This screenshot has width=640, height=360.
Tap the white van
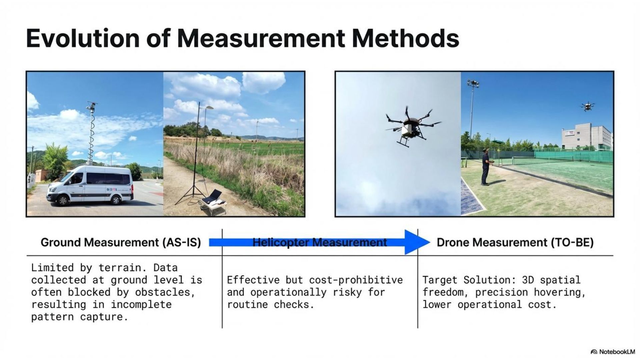pos(90,185)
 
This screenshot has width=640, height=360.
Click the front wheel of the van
pos(62,199)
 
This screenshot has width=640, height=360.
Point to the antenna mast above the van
pos(91,133)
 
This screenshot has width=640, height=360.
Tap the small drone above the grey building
pos(587,106)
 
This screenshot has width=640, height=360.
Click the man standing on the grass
pos(486,166)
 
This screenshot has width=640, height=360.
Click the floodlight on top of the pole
pos(473,83)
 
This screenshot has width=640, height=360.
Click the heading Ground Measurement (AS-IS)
pos(121,242)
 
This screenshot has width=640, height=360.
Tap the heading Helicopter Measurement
pos(320,242)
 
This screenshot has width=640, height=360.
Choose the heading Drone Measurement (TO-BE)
pos(515,242)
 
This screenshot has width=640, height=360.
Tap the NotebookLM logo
pos(613,352)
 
